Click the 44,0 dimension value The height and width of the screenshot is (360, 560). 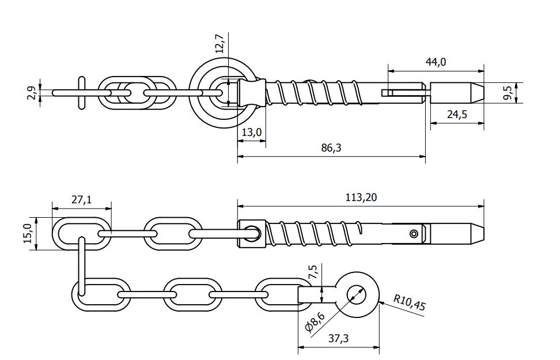coord(436,62)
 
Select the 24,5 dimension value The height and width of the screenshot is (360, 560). coord(457,115)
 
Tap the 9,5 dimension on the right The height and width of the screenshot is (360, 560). coord(507,92)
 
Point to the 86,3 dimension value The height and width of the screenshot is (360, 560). coord(331,148)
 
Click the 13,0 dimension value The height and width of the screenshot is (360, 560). coord(252,132)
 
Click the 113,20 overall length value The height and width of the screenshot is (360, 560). coord(362,197)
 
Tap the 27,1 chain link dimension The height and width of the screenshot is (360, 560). coord(81,199)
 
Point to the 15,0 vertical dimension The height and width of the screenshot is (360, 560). coord(27,233)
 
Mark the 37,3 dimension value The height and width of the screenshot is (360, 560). coord(339,339)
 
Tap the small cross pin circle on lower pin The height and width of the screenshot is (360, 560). coord(413,233)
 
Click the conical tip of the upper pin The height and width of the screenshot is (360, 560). coord(477,92)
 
